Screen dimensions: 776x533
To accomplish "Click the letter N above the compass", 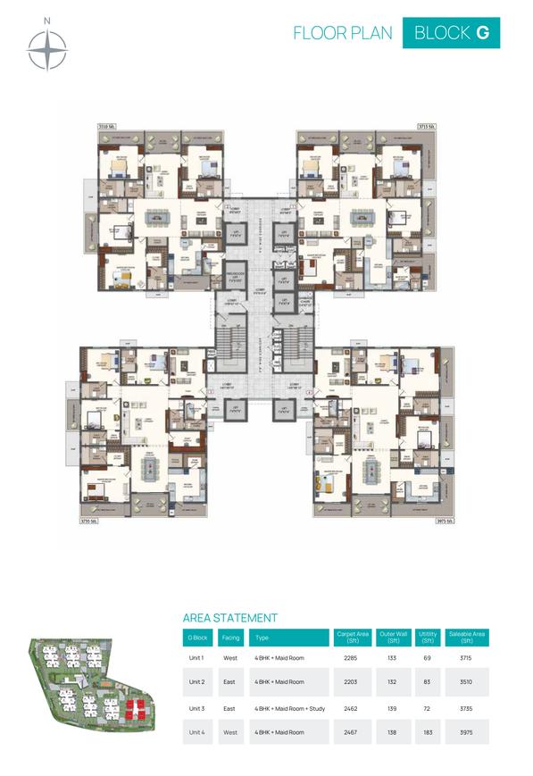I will tap(48, 21).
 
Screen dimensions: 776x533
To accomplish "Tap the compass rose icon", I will tap(48, 49).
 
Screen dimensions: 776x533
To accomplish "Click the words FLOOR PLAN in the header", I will tap(343, 33).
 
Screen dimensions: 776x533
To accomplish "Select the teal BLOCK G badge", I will tap(451, 33).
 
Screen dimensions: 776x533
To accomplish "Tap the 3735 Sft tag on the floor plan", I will tap(87, 520).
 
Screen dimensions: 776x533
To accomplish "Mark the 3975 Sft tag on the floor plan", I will tap(444, 520).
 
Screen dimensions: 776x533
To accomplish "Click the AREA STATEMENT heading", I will tap(229, 617).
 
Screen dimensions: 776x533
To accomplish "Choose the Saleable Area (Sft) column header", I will tap(466, 638).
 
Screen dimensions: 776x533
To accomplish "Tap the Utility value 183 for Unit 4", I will tap(428, 731).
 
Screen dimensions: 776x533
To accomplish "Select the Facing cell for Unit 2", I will tap(229, 681).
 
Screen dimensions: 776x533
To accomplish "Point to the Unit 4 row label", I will tap(196, 731).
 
